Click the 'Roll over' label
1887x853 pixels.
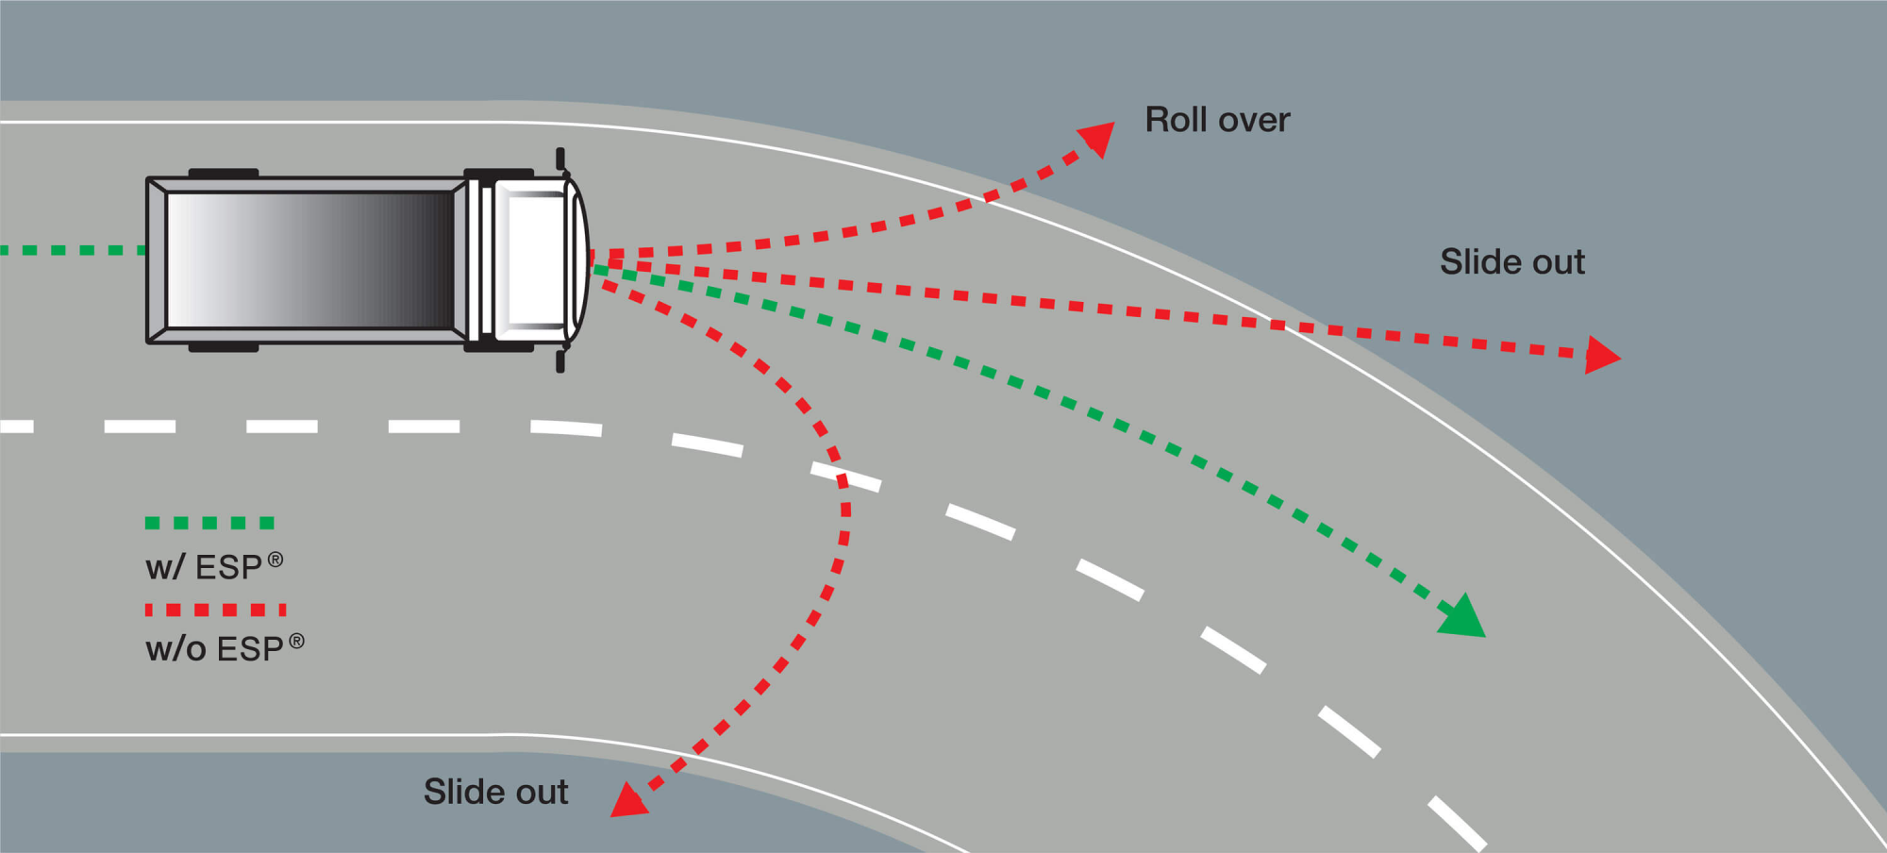[1217, 120]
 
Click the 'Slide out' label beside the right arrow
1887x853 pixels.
[1511, 261]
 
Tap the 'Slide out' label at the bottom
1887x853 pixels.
[495, 792]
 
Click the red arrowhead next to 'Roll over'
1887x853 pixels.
[1098, 137]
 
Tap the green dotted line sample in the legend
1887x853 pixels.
[209, 523]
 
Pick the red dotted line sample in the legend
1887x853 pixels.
[215, 610]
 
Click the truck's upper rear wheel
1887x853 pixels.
[224, 174]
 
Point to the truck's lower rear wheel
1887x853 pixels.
[224, 347]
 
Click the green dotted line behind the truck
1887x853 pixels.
[71, 250]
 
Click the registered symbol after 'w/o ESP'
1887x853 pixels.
[296, 641]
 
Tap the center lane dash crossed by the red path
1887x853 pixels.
[846, 477]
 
